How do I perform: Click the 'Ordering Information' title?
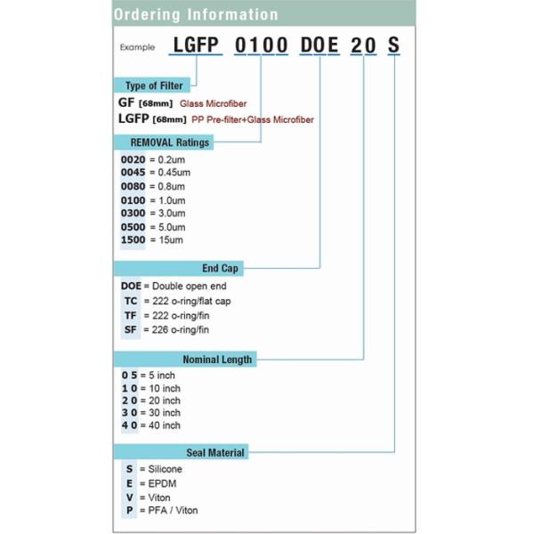coord(195,14)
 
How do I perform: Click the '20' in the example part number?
coord(363,46)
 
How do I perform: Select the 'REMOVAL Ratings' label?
coord(169,142)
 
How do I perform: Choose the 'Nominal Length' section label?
coord(217,360)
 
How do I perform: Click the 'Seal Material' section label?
coord(214,452)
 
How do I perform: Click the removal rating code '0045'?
coord(132,172)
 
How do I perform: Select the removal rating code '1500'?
coord(132,239)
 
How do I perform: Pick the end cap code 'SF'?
coord(131,329)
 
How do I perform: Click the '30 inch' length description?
coord(160,412)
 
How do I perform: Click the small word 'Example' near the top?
coord(136,48)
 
